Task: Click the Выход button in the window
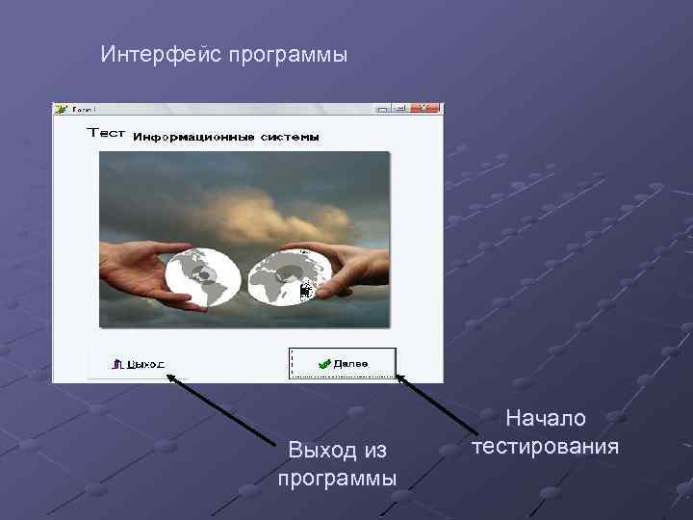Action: (x=139, y=364)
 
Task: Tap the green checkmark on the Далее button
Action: (x=325, y=363)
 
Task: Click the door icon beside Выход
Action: (x=117, y=364)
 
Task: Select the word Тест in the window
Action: (x=106, y=134)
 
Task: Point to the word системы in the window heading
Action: (x=288, y=138)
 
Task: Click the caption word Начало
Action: (x=546, y=418)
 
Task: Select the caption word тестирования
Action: (x=546, y=447)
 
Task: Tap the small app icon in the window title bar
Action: (x=61, y=108)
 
